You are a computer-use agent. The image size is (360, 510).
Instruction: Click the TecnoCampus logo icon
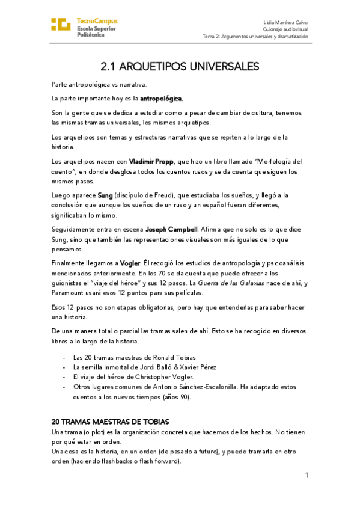point(61,25)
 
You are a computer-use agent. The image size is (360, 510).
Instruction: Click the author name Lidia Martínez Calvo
point(285,22)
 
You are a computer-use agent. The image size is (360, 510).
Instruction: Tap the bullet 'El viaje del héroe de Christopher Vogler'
point(133,376)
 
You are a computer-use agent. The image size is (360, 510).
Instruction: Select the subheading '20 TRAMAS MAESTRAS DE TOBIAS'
point(110,421)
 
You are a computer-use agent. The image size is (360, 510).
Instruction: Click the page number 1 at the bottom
point(306,475)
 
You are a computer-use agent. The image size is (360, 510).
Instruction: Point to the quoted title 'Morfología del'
point(276,161)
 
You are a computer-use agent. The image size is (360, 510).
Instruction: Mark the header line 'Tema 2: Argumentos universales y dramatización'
point(255,36)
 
